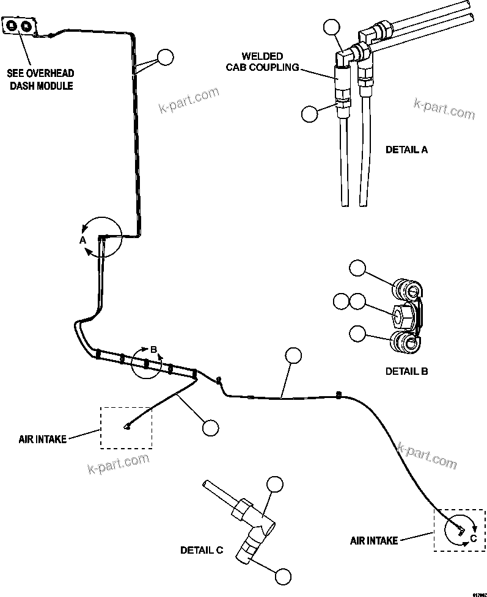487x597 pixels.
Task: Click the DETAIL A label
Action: pyautogui.click(x=406, y=149)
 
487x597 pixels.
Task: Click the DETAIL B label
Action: pyautogui.click(x=406, y=371)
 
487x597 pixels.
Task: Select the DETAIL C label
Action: pyautogui.click(x=202, y=550)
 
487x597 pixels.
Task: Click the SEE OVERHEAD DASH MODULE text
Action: pyautogui.click(x=41, y=79)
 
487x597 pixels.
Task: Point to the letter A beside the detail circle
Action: pyautogui.click(x=82, y=241)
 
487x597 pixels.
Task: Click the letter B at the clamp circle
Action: pyautogui.click(x=154, y=349)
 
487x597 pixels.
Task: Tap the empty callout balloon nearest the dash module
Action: pyautogui.click(x=165, y=57)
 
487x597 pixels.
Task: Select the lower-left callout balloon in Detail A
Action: pyautogui.click(x=310, y=113)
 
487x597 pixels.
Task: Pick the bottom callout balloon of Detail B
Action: pyautogui.click(x=357, y=333)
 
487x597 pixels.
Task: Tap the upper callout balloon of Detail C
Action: pyautogui.click(x=275, y=484)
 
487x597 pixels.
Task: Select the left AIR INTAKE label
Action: pyautogui.click(x=42, y=438)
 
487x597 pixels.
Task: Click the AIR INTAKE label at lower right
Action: pyautogui.click(x=374, y=540)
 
